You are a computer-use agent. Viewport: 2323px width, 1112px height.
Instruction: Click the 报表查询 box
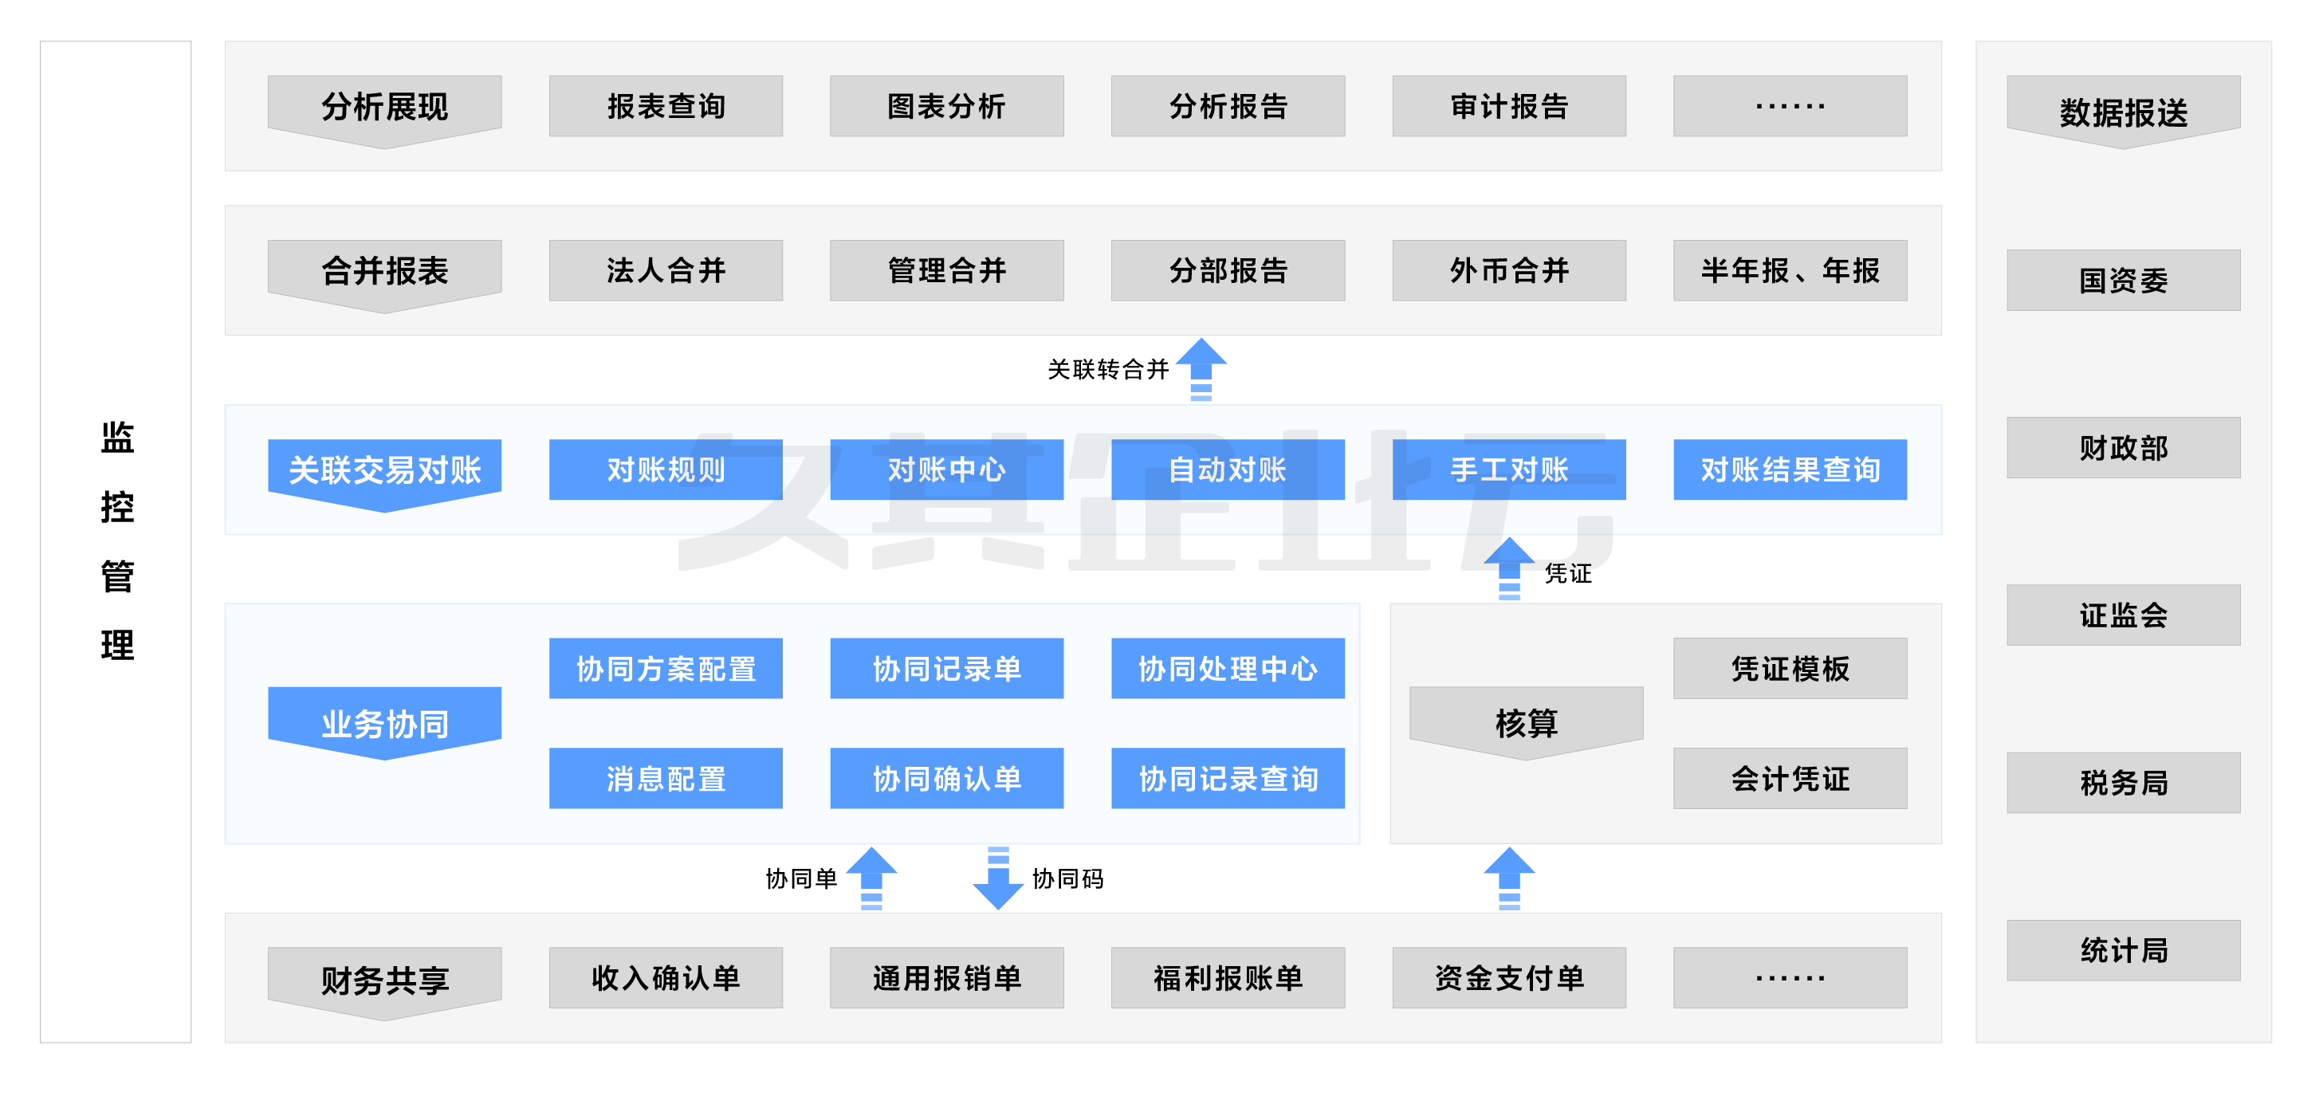(x=666, y=107)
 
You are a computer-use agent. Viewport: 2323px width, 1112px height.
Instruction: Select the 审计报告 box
(x=1509, y=107)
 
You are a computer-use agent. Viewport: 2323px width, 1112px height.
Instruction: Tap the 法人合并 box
(x=666, y=270)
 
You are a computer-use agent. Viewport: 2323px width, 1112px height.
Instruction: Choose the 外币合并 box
(x=1509, y=270)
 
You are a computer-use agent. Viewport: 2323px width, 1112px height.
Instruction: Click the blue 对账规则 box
(x=666, y=470)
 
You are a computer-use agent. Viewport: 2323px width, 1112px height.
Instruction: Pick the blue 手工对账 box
(x=1509, y=470)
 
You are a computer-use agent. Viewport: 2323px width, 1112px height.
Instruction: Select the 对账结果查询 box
(x=1789, y=470)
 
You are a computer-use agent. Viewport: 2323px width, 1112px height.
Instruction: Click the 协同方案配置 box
(x=666, y=668)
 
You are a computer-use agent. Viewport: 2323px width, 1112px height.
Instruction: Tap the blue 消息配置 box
(x=666, y=778)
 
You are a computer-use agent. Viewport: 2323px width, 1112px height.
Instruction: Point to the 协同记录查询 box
(x=1228, y=778)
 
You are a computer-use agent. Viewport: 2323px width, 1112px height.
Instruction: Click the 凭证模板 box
(x=1789, y=668)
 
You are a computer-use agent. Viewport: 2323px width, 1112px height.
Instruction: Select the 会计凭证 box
(x=1789, y=778)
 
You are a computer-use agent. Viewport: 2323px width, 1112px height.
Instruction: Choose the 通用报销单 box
(x=946, y=977)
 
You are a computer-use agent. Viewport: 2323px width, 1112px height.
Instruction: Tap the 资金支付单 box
(x=1509, y=977)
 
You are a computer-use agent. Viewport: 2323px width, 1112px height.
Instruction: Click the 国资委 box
(x=2123, y=281)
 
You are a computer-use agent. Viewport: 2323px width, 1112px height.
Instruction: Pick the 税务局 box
(x=2123, y=783)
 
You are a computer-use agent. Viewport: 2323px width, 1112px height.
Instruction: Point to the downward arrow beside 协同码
(x=997, y=879)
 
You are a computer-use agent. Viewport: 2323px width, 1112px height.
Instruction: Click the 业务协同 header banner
(x=384, y=722)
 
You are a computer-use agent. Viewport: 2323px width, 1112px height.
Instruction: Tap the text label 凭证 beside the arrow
(x=1567, y=574)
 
